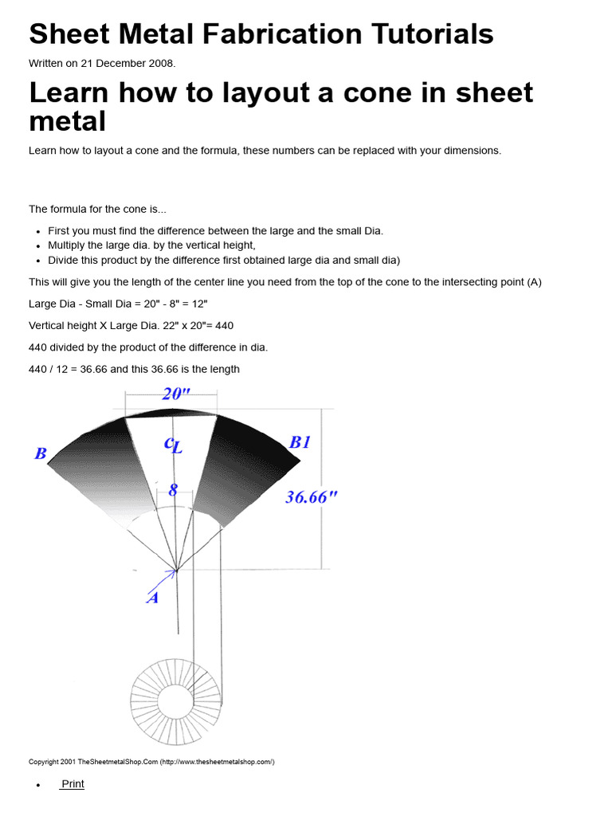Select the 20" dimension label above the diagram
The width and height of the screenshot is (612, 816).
click(177, 394)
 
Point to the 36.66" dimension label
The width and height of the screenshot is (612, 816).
click(312, 497)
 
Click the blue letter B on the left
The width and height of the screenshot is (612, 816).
click(41, 454)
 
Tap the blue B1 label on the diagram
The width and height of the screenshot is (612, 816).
click(300, 442)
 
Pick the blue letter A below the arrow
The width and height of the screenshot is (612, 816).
click(152, 598)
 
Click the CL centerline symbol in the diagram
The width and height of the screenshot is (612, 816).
click(173, 445)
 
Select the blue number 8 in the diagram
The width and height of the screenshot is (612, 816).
click(173, 490)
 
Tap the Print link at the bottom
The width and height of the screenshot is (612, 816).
click(73, 784)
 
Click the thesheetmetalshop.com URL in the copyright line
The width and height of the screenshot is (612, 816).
click(217, 762)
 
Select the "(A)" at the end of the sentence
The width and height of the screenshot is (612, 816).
click(534, 282)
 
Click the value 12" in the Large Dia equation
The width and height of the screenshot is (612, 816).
click(196, 304)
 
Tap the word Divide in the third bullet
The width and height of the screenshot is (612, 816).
click(65, 260)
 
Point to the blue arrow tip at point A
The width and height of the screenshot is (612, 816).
click(176, 571)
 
